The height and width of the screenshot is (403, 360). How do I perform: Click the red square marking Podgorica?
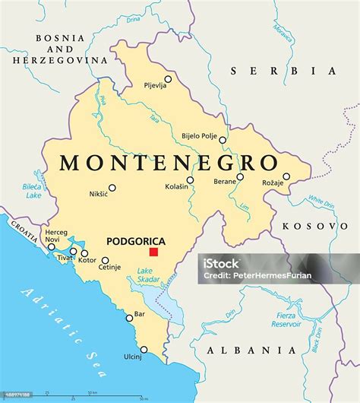[153, 252]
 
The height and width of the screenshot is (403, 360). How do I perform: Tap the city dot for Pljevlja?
[168, 79]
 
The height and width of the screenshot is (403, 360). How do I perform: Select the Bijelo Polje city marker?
[223, 140]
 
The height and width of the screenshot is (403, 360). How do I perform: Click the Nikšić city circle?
[112, 188]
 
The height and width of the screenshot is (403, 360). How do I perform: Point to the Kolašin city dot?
[190, 180]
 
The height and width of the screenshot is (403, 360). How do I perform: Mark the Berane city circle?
[240, 177]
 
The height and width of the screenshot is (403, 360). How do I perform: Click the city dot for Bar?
[130, 318]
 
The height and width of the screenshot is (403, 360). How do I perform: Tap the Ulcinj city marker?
[144, 351]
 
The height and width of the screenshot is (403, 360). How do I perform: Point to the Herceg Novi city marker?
[52, 246]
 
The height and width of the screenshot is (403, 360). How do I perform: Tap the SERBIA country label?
[284, 71]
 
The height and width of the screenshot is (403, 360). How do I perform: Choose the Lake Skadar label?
[149, 275]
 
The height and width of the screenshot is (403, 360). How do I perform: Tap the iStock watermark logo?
[221, 263]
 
